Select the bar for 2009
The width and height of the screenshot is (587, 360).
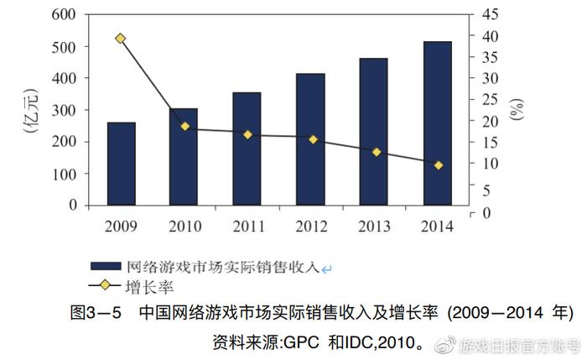click(x=122, y=164)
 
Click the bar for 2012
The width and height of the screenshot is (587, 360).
click(x=310, y=139)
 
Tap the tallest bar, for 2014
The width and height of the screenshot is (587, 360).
click(x=437, y=123)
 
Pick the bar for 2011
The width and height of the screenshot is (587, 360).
click(x=247, y=149)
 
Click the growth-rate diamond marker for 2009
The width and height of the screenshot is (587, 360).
click(x=121, y=39)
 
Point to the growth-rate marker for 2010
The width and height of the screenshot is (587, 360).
click(x=184, y=127)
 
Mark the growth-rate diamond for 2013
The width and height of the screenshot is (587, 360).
click(x=376, y=152)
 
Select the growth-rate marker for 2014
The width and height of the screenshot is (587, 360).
click(x=438, y=165)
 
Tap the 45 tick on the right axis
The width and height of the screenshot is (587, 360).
click(x=490, y=15)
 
